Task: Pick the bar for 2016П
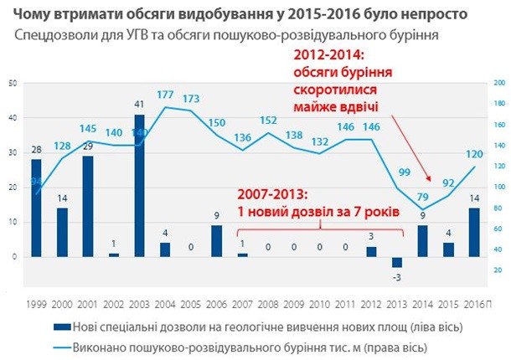tap(472, 232)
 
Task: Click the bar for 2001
tap(89, 206)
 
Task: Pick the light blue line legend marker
tap(61, 345)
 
